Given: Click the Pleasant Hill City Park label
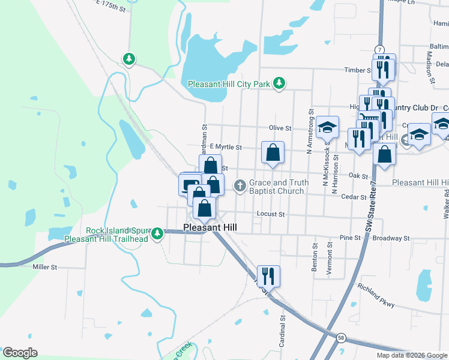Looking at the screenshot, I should point(229,85).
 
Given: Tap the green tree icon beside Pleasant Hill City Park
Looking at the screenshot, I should point(279,83).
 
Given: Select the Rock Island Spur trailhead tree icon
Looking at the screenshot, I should point(157,233).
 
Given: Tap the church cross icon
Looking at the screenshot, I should point(240,185).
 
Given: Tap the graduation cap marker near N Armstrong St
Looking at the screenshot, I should point(327,127).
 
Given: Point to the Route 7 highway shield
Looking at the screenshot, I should point(379,49).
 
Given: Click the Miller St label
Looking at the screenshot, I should point(45,266).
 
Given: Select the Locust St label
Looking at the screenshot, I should point(269,214).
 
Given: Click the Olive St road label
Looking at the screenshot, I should point(280,128).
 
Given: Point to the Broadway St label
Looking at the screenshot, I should point(391,238).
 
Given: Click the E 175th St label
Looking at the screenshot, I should point(110,7).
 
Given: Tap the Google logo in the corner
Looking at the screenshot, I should point(20,353).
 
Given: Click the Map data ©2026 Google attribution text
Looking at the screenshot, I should point(411,355).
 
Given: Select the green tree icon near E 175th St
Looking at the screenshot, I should point(128,59).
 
